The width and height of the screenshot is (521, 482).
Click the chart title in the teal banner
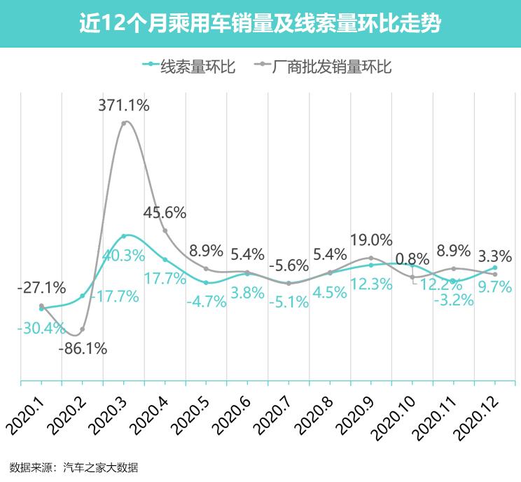point(260,24)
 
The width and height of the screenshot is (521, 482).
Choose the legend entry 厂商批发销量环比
point(330,67)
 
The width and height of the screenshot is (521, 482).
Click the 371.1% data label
point(124,106)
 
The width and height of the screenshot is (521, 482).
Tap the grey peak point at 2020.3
point(124,123)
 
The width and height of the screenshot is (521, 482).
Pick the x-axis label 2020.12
point(476,414)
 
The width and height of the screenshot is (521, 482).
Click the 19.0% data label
point(371,240)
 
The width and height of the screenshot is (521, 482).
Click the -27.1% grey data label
point(42,287)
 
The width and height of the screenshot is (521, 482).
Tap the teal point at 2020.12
point(495,267)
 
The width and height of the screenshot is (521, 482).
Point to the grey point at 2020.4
point(165,230)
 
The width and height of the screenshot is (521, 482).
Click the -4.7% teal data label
point(206,302)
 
